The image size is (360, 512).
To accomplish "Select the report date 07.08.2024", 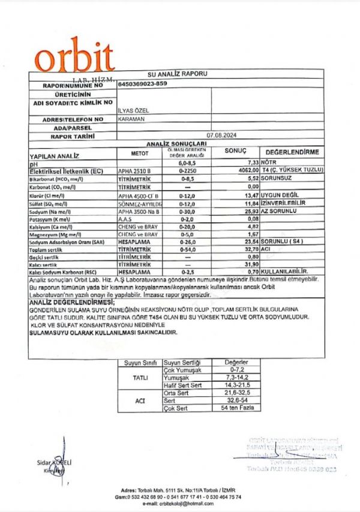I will pyautogui.click(x=221, y=136).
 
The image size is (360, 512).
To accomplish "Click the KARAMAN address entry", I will pyautogui.click(x=131, y=119).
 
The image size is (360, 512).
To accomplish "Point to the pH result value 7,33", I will pyautogui.click(x=251, y=163).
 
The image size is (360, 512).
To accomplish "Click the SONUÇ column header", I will pyautogui.click(x=235, y=151).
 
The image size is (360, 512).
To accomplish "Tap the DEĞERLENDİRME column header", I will pyautogui.click(x=292, y=152).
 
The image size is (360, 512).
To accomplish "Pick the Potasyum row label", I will pyautogui.click(x=52, y=219).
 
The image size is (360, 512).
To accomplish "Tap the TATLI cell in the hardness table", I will pyautogui.click(x=139, y=378).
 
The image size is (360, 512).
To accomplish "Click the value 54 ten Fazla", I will pyautogui.click(x=235, y=408).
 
